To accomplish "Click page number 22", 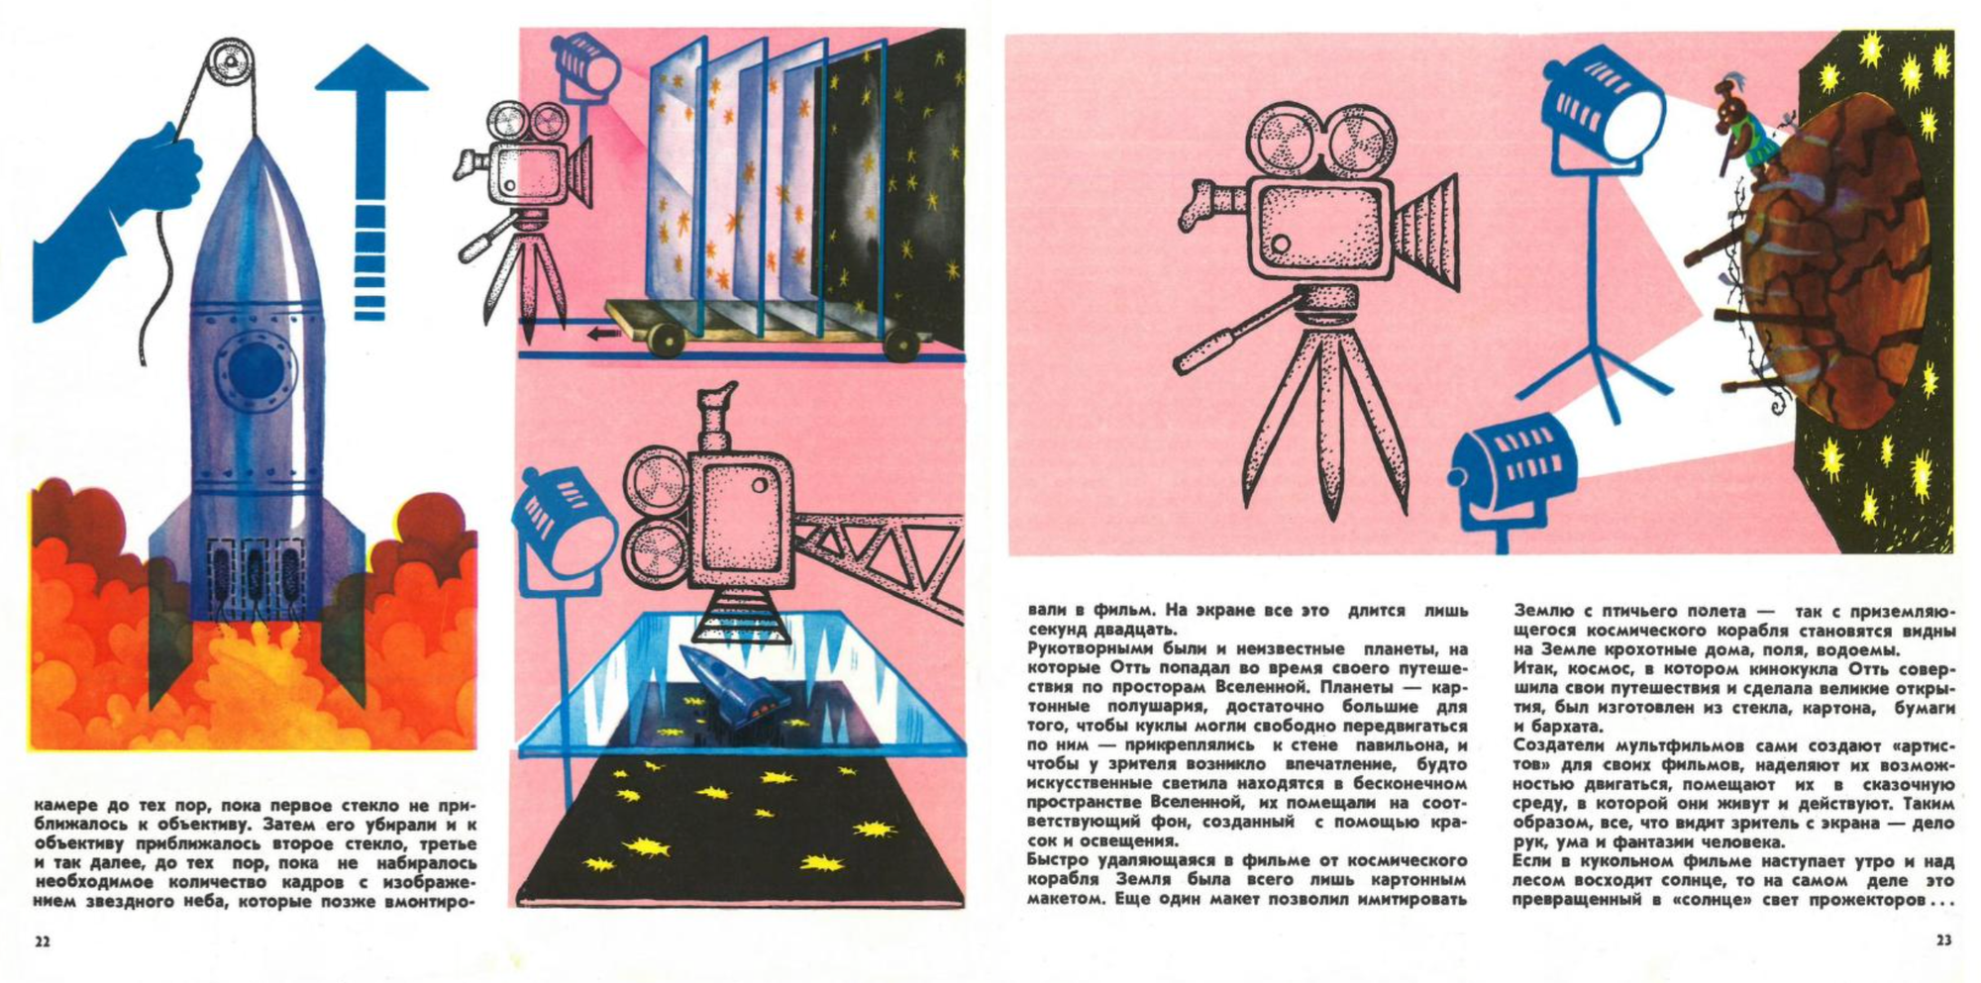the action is [43, 941].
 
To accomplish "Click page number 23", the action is [1943, 940].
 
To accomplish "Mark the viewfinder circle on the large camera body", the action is [1280, 244].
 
